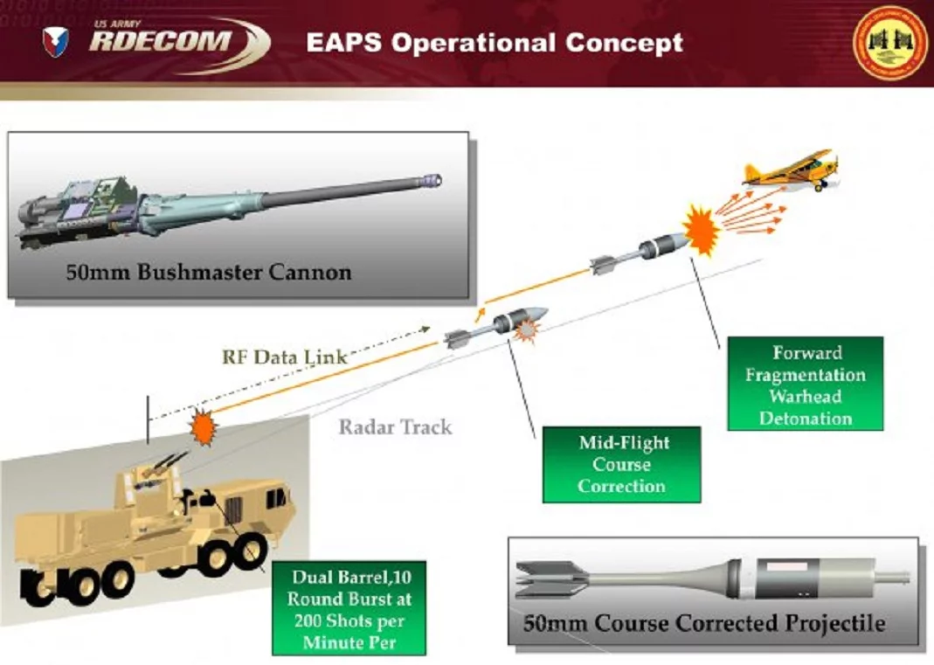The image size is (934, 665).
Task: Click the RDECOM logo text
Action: coord(162,40)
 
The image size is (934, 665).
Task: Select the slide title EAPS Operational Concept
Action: coord(495,43)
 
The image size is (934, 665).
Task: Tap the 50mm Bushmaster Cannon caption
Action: coord(209,272)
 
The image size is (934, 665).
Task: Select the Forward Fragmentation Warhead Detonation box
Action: coord(806,384)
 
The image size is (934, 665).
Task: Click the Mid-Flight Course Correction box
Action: coord(621,464)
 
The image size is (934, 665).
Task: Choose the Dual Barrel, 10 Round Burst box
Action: coord(349,608)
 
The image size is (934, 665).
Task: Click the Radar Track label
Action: coord(395,427)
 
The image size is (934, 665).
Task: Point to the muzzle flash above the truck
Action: coord(203,426)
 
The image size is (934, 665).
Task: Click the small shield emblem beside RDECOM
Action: coord(56,41)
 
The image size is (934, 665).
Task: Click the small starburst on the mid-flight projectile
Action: coord(525,330)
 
